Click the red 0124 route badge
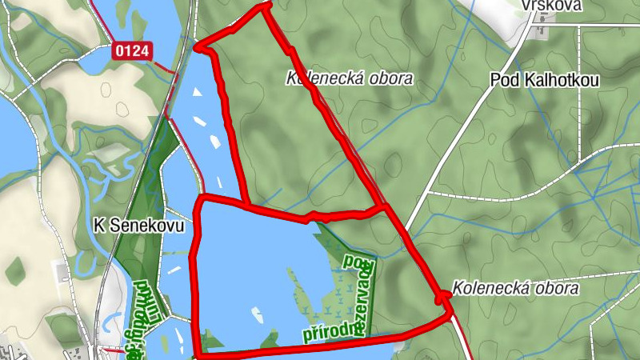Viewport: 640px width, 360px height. (x=132, y=51)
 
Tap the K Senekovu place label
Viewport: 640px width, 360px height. (x=138, y=226)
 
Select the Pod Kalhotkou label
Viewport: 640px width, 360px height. (x=545, y=81)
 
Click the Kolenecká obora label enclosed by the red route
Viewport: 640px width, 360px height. (x=350, y=78)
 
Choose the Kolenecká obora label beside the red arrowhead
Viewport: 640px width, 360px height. (x=515, y=287)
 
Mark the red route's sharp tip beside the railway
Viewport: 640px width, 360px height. (x=200, y=46)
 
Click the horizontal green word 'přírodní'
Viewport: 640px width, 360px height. (x=328, y=330)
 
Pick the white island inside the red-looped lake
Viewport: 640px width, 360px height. (x=258, y=310)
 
